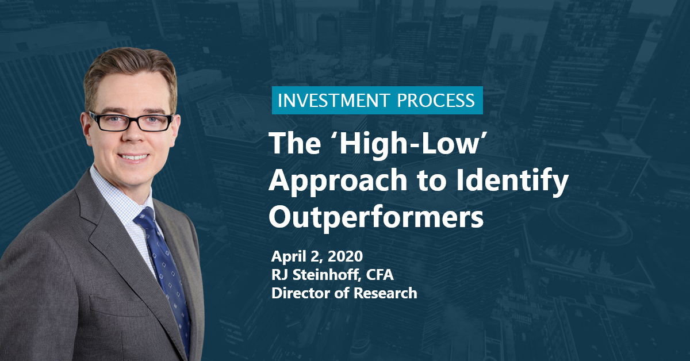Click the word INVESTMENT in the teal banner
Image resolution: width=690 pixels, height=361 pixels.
[333, 101]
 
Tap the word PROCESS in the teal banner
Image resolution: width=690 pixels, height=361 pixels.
[436, 101]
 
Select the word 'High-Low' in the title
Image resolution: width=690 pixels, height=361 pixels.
[411, 144]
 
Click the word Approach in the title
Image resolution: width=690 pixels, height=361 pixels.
[338, 181]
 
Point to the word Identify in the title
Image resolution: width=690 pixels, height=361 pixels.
[512, 181]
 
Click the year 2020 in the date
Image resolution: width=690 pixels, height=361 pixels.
[345, 256]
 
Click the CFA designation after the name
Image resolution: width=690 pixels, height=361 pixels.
[380, 275]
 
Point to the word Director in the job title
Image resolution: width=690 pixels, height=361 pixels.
[300, 293]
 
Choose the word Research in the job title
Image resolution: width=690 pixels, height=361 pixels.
[385, 293]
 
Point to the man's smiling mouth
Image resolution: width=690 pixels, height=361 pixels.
[133, 157]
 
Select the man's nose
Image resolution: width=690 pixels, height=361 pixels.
[133, 136]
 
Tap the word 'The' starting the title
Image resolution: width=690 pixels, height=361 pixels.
[295, 143]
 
